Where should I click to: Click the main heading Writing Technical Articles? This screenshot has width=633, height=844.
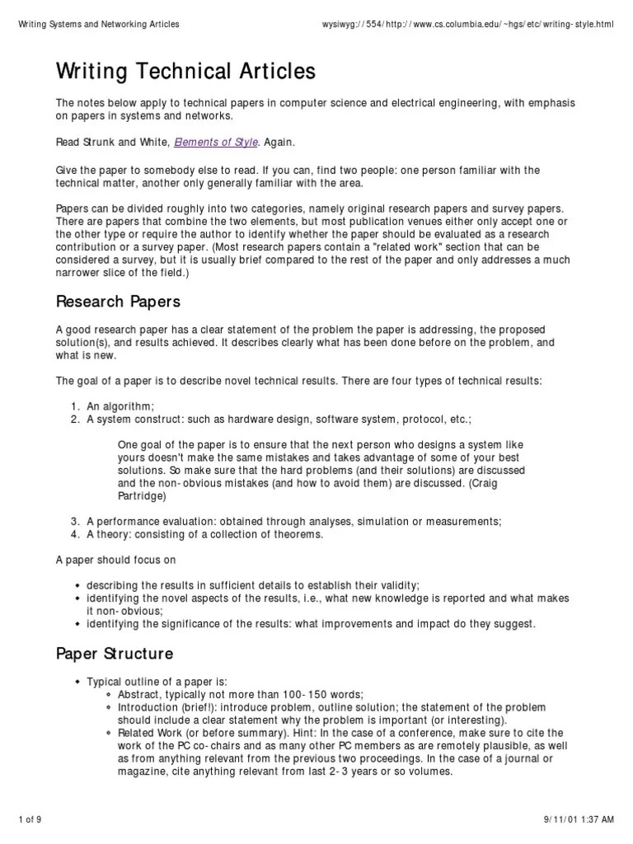(185, 73)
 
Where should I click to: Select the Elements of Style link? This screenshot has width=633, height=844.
(216, 142)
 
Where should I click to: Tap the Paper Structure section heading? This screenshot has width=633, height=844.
(115, 654)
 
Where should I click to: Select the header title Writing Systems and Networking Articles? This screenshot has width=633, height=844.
(99, 25)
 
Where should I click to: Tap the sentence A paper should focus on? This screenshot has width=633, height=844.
(116, 560)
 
